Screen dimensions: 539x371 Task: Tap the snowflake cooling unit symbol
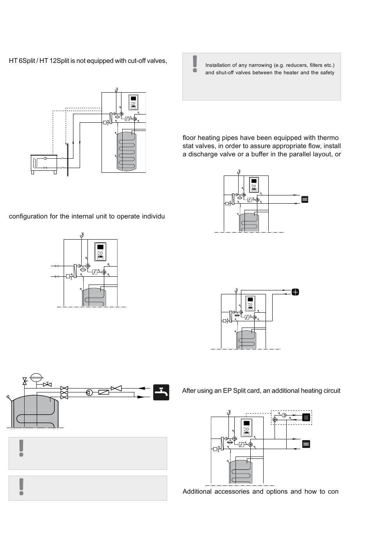[296, 292]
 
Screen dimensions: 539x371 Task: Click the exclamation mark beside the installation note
[194, 64]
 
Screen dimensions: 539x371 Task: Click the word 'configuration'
[27, 217]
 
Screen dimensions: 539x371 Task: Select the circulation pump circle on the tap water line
[89, 392]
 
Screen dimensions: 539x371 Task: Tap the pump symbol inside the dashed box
[284, 415]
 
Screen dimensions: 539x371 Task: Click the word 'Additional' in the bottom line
[197, 491]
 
